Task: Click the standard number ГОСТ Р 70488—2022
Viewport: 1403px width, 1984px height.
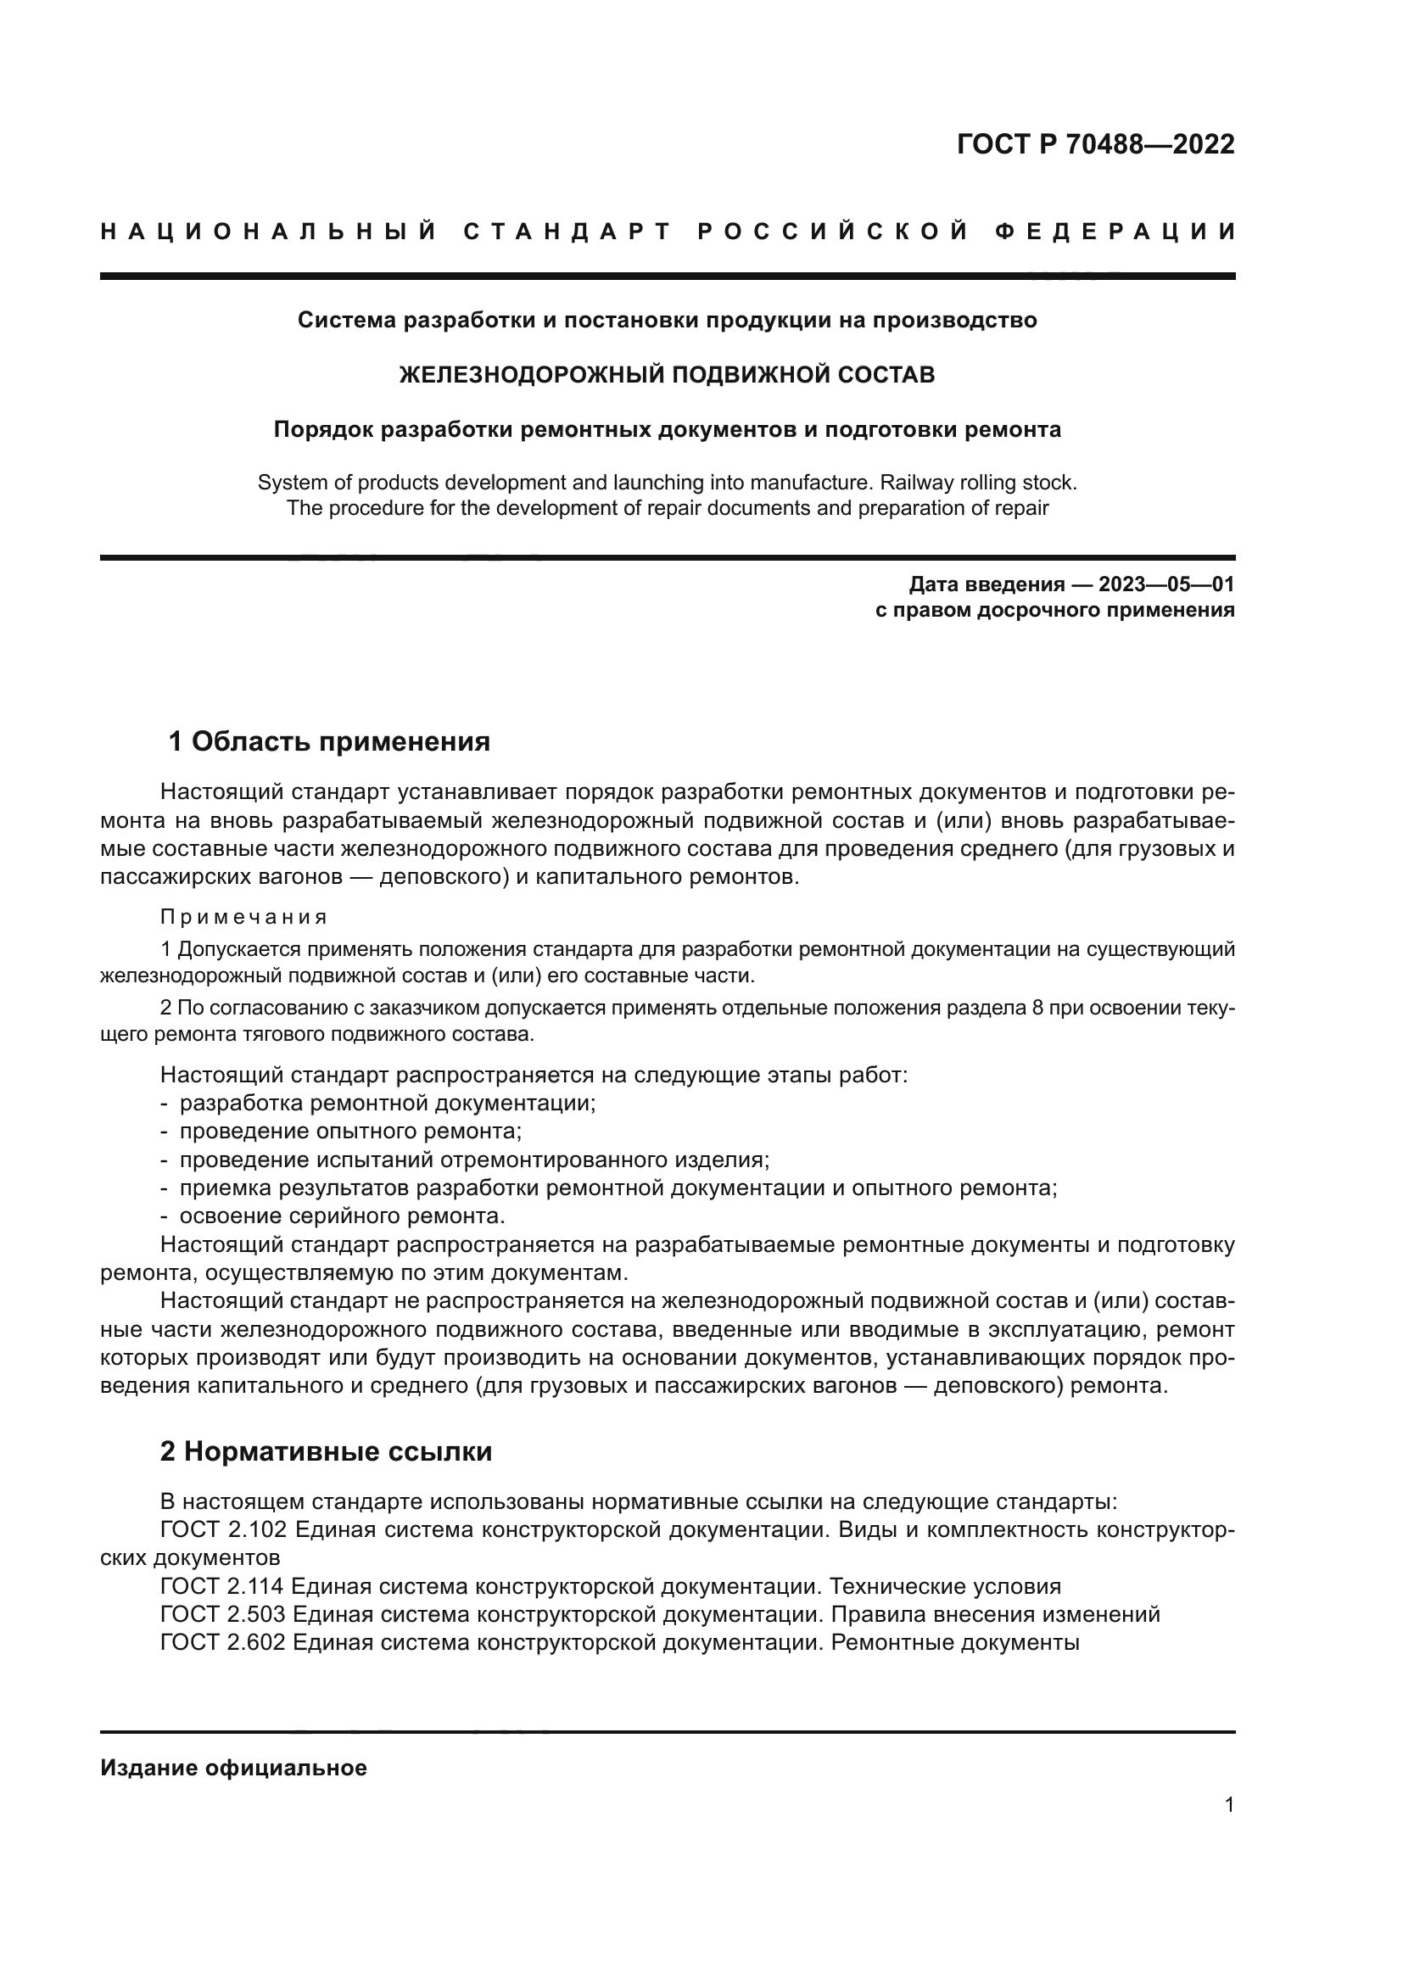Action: [x=1095, y=144]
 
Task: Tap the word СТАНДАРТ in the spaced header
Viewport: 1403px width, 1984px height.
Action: [x=567, y=232]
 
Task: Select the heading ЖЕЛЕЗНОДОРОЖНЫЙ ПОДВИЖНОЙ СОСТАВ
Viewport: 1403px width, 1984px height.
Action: [x=667, y=375]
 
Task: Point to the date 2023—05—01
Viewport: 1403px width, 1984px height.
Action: [x=1166, y=585]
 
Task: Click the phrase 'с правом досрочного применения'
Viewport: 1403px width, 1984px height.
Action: [x=1055, y=611]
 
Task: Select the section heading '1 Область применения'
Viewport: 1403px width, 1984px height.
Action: [x=329, y=741]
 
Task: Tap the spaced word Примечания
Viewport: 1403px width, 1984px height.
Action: [x=243, y=917]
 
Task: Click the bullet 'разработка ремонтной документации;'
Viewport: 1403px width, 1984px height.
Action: [x=388, y=1104]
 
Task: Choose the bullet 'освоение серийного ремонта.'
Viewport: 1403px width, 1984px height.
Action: [x=342, y=1216]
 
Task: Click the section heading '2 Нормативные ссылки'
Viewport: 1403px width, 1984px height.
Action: [x=326, y=1451]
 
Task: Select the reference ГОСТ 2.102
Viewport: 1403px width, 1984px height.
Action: [x=223, y=1530]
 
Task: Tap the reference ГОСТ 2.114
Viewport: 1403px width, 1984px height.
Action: [x=222, y=1586]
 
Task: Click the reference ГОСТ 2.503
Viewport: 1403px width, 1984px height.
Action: [x=223, y=1614]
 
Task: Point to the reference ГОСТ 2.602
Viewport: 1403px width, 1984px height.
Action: [x=223, y=1643]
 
